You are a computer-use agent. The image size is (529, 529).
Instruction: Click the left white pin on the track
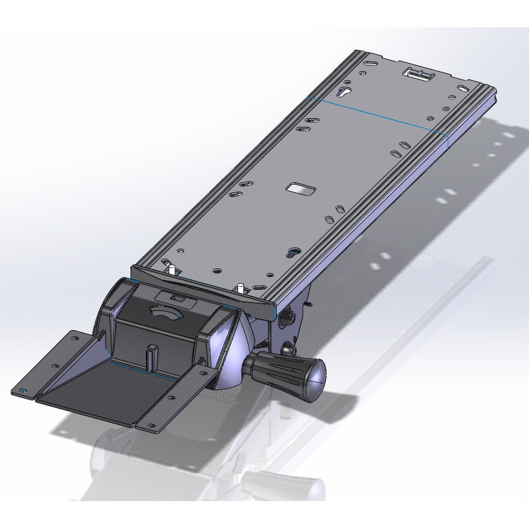tap(172, 270)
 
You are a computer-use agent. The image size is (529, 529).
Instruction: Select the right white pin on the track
tap(240, 288)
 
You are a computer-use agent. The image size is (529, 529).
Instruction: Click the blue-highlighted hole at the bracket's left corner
tap(23, 391)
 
